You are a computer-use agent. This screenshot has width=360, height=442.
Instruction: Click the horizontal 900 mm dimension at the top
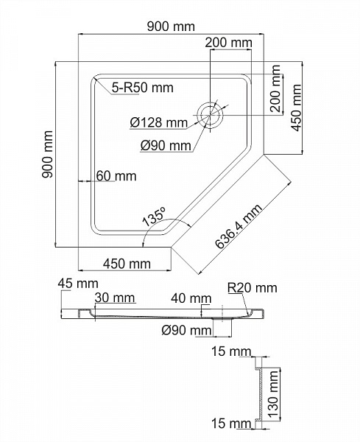click(171, 27)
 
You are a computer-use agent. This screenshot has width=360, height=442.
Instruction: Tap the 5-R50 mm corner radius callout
click(143, 88)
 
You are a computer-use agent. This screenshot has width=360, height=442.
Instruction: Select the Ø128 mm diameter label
click(158, 122)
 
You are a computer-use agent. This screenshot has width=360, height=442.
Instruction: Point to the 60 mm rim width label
click(116, 176)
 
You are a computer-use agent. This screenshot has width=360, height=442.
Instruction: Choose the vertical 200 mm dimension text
click(276, 89)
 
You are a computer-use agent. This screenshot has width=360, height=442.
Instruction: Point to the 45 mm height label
click(77, 284)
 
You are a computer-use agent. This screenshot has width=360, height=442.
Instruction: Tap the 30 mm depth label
click(114, 298)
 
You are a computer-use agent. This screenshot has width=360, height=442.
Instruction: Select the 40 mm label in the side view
click(189, 298)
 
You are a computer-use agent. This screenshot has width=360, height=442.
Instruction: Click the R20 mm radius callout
click(252, 287)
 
